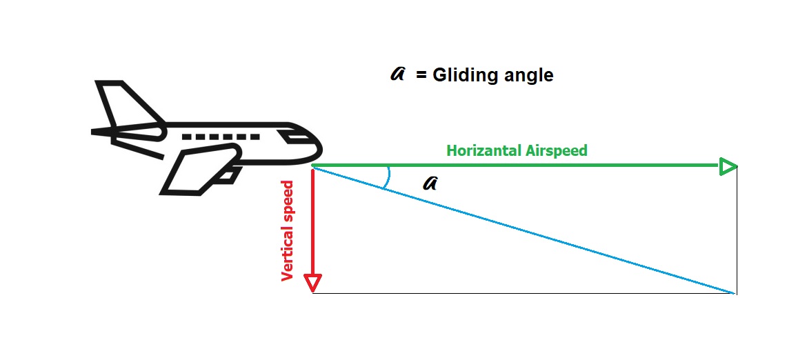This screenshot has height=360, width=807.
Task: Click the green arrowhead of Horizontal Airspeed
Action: click(x=728, y=166)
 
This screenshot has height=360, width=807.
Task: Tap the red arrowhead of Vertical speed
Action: click(x=313, y=283)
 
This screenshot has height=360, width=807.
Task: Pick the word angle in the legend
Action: click(x=528, y=74)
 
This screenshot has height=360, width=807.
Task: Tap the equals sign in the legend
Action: click(x=421, y=74)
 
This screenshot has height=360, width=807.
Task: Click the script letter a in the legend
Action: click(x=397, y=74)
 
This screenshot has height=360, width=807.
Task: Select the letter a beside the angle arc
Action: click(x=430, y=183)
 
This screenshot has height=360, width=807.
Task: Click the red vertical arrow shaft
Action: click(x=313, y=221)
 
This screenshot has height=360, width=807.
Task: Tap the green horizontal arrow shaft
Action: click(x=517, y=166)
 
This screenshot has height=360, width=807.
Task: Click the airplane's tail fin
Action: click(x=124, y=103)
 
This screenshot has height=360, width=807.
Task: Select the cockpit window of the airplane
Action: click(x=298, y=137)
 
